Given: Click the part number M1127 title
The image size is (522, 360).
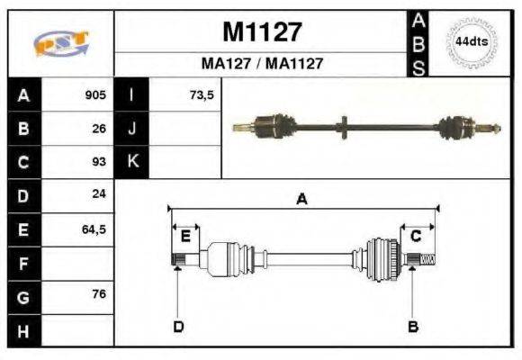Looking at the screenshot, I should [262, 32].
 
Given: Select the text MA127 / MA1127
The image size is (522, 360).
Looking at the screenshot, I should [262, 64].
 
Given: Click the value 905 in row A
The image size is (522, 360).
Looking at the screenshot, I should [94, 95].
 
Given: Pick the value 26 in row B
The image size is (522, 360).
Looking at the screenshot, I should [99, 129].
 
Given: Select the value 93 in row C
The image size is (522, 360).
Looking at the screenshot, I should [99, 162].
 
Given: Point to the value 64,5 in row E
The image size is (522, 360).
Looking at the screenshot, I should [94, 229].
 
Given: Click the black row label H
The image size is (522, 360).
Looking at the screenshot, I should [22, 330].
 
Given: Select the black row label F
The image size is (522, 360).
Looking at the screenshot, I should [22, 263].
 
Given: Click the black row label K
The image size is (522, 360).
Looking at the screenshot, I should [131, 162].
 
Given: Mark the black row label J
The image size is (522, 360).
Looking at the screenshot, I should [131, 129].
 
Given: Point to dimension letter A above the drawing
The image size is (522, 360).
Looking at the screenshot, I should [302, 201].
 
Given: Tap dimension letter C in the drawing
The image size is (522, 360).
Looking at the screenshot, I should [416, 236].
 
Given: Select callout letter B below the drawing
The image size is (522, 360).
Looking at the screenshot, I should [412, 326].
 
